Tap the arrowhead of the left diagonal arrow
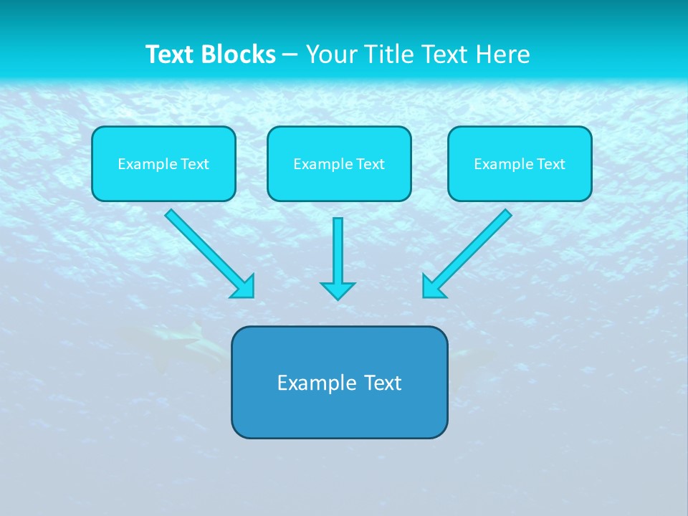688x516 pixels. pos(244,287)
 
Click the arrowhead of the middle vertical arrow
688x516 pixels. pos(338,290)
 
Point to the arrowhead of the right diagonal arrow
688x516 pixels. pos(432,287)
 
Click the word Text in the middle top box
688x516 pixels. pos(371,164)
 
